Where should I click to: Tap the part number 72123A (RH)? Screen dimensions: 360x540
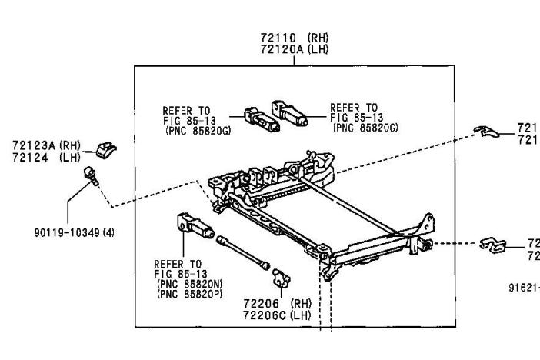click(x=46, y=144)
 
